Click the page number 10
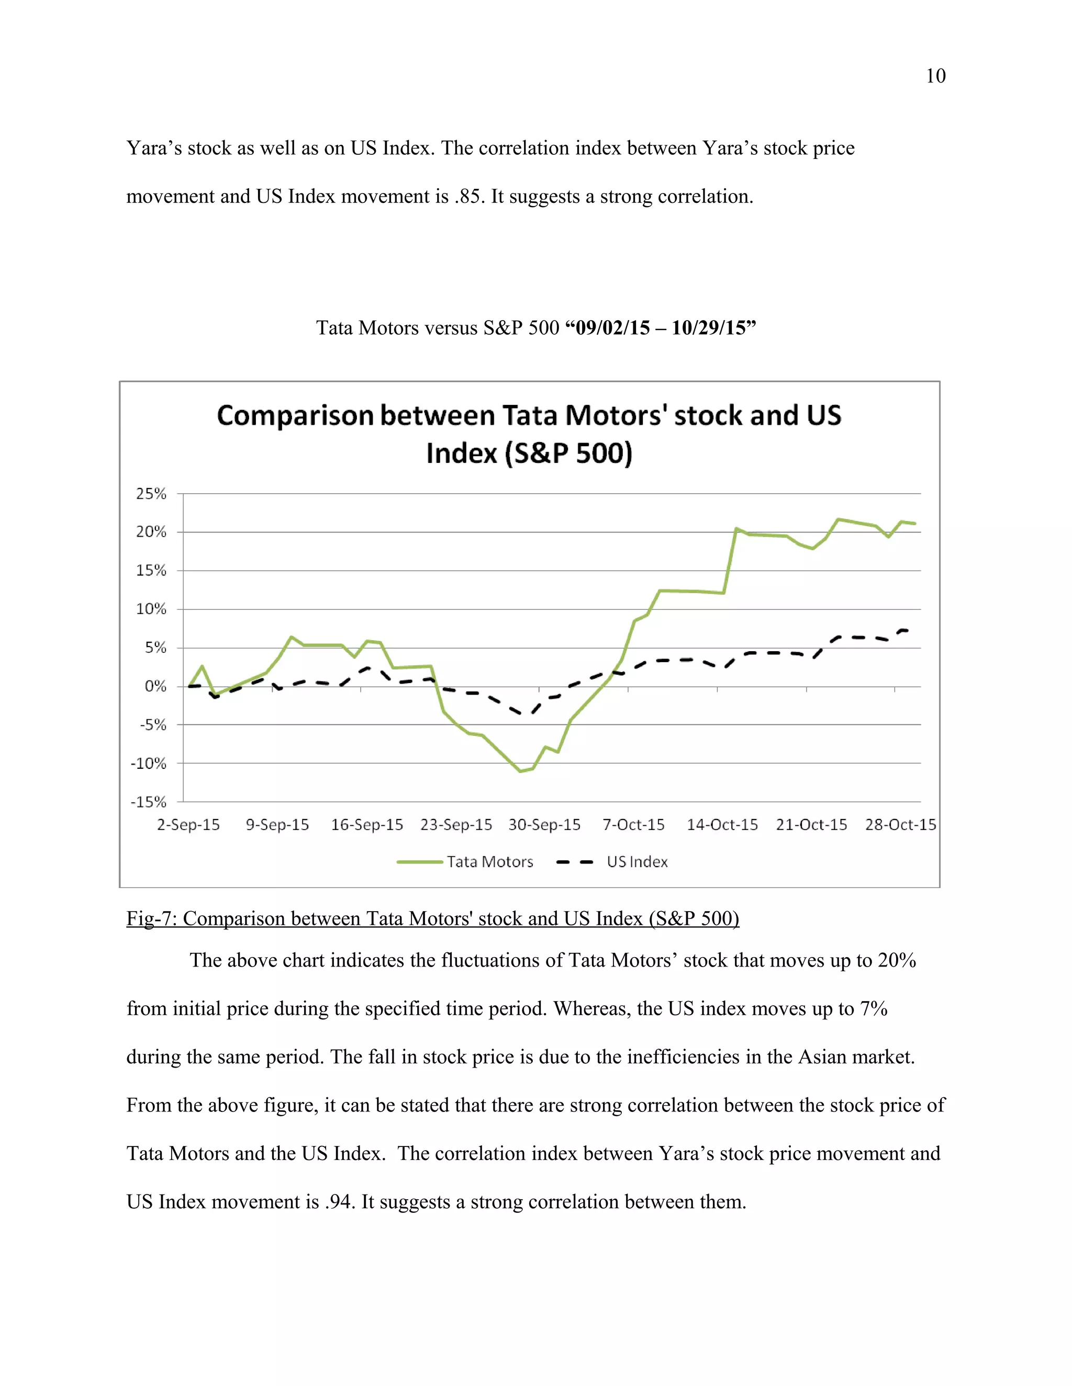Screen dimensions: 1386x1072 click(935, 76)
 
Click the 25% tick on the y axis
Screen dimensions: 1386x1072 click(151, 494)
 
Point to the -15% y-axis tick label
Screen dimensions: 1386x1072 click(149, 802)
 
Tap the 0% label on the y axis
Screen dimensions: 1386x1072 click(155, 686)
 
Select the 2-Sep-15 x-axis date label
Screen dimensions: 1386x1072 click(188, 824)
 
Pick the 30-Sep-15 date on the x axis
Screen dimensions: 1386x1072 click(544, 824)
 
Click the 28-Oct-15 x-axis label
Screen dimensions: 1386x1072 click(900, 824)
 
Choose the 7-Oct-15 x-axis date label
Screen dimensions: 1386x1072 click(633, 824)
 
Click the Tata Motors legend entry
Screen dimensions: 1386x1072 click(489, 862)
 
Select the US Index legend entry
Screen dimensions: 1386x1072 click(636, 862)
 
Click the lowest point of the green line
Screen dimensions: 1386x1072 click(520, 771)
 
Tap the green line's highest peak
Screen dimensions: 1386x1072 click(839, 519)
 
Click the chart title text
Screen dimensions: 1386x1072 click(529, 434)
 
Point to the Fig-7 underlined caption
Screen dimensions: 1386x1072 click(432, 918)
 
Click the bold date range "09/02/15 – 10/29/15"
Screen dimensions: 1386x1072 click(661, 327)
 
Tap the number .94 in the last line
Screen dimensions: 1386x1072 click(339, 1202)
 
